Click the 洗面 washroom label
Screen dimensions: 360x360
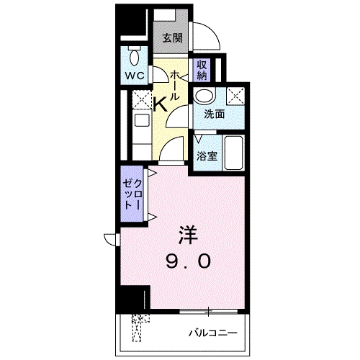[x=213, y=114]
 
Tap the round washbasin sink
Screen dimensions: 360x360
[x=204, y=96]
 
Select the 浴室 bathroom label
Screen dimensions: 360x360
[x=207, y=156]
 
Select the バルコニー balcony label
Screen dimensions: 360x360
[x=212, y=333]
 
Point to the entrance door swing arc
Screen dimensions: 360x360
[x=209, y=36]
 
